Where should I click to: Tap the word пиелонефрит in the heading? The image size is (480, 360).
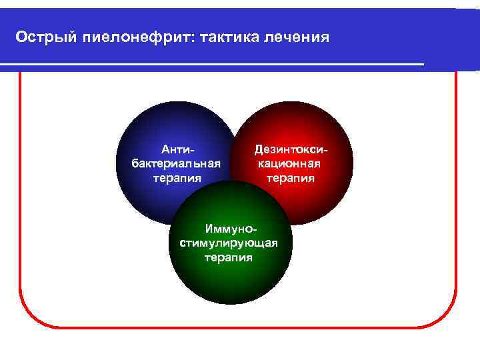pos(135,36)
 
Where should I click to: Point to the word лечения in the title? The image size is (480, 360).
pos(299,36)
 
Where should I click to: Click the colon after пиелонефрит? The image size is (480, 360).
pos(193,37)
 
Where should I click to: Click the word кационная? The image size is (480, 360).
pos(291,164)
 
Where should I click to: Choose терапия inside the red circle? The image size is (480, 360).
pos(291,178)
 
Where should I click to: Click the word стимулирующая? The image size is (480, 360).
pos(229,243)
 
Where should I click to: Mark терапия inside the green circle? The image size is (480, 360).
pos(229,257)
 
